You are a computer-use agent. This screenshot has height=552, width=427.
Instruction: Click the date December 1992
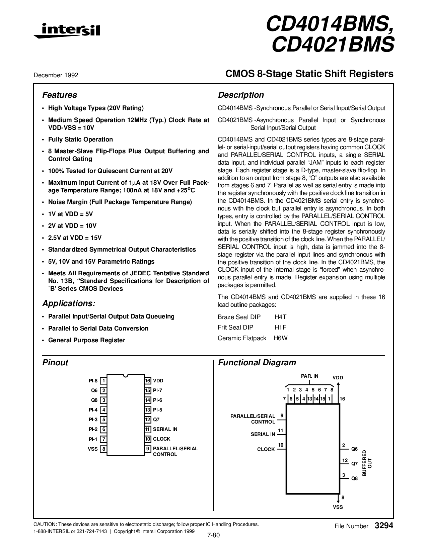pyautogui.click(x=56, y=75)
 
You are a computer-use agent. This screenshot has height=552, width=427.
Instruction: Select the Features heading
pyautogui.click(x=60, y=95)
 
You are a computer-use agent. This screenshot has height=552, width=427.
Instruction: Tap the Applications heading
pyautogui.click(x=69, y=303)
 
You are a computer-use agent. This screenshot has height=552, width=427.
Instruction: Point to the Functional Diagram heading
pyautogui.click(x=257, y=363)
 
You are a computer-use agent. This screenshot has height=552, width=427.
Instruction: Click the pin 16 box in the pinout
pyautogui.click(x=148, y=381)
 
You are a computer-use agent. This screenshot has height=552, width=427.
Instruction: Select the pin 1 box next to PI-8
pyautogui.click(x=104, y=381)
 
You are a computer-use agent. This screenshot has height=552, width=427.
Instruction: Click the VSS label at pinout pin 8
pyautogui.click(x=93, y=449)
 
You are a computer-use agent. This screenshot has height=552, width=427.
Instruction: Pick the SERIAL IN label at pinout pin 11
pyautogui.click(x=165, y=429)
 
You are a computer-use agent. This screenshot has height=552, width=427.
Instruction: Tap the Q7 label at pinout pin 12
pyautogui.click(x=156, y=420)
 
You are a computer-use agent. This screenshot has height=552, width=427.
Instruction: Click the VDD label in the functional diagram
pyautogui.click(x=338, y=378)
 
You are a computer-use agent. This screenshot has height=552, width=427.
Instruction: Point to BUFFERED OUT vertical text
pyautogui.click(x=367, y=463)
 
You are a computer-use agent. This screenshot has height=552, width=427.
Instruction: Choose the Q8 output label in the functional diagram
pyautogui.click(x=354, y=478)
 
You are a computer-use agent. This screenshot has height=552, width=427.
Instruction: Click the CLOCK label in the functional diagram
pyautogui.click(x=266, y=449)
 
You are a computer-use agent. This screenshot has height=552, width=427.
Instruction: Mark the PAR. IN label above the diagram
pyautogui.click(x=309, y=376)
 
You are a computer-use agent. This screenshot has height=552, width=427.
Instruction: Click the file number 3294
pyautogui.click(x=383, y=526)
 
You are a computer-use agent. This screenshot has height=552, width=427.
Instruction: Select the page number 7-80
pyautogui.click(x=213, y=535)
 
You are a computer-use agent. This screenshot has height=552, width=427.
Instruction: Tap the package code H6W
pyautogui.click(x=280, y=338)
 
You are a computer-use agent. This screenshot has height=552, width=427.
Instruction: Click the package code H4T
pyautogui.click(x=280, y=317)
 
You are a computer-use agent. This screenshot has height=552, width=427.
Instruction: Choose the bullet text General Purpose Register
pyautogui.click(x=87, y=340)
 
